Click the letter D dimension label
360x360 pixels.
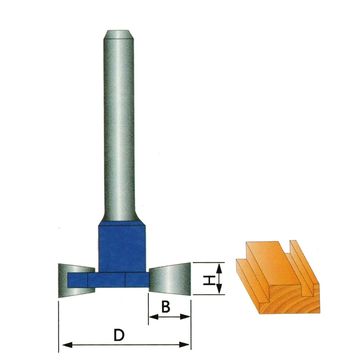(x=119, y=335)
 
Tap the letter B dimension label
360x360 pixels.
(x=166, y=307)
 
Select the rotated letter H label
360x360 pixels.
(x=208, y=280)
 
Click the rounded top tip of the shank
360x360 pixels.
(x=119, y=32)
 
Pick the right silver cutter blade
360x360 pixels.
(x=170, y=279)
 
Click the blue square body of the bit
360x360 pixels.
(x=122, y=247)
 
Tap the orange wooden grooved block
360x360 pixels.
(x=278, y=276)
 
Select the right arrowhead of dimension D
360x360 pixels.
(x=185, y=345)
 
